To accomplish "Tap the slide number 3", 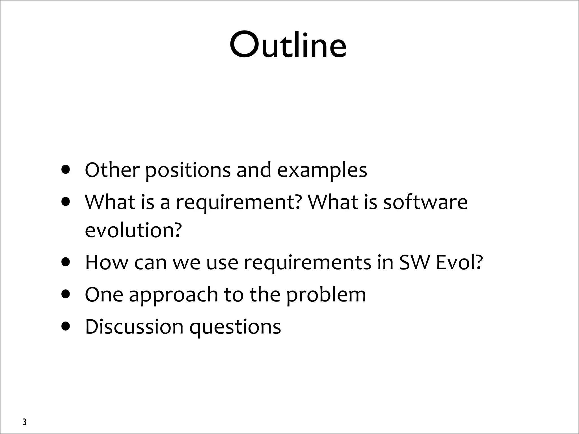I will pyautogui.click(x=24, y=422).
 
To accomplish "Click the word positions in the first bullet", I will pyautogui.click(x=188, y=171).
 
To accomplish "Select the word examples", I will pyautogui.click(x=322, y=171).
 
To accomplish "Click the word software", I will pyautogui.click(x=425, y=202).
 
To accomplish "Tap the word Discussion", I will pyautogui.click(x=134, y=327).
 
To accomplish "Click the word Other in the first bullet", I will pyautogui.click(x=112, y=170).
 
